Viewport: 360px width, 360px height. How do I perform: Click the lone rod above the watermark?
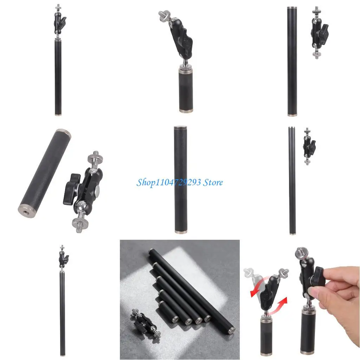[x=180, y=179]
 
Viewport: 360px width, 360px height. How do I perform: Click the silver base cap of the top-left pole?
[x=58, y=114]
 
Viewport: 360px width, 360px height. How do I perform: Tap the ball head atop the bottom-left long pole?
[x=63, y=258]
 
